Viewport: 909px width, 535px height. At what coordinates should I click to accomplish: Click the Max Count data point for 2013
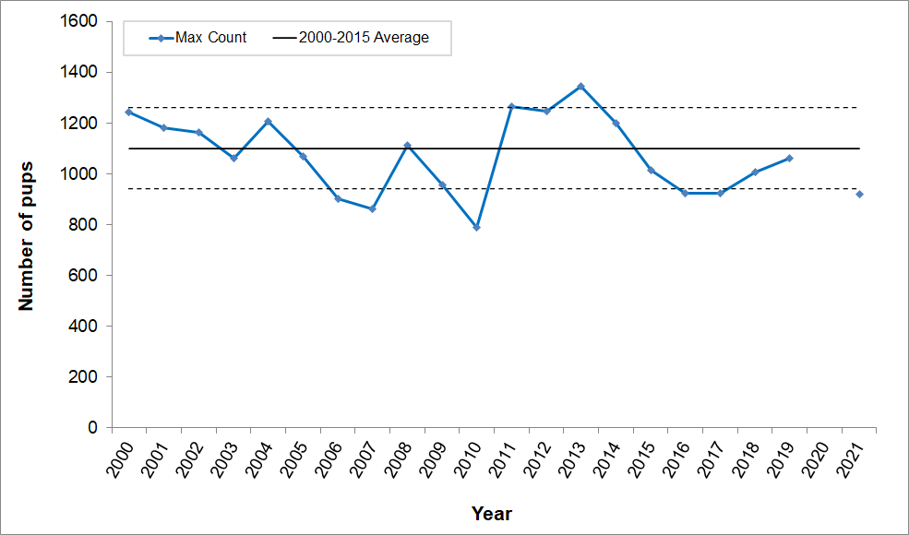coord(580,87)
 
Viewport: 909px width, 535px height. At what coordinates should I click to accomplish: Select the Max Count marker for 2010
coord(476,227)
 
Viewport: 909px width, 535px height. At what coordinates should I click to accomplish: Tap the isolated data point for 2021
coord(859,194)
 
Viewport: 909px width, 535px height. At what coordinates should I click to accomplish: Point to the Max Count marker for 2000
coord(129,112)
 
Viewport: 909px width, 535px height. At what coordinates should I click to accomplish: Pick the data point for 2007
coord(372,209)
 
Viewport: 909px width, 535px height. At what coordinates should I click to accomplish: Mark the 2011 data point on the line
coord(511,107)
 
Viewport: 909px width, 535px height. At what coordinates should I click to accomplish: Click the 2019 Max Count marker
coord(789,158)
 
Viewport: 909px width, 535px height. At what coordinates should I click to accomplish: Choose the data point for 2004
coord(268,122)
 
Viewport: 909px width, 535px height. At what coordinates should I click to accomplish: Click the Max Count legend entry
coord(197,38)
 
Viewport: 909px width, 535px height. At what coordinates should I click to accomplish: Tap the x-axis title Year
coord(491,514)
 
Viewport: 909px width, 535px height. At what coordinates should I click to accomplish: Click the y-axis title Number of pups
coord(27,224)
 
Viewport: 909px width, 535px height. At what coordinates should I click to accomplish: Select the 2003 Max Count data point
coord(233,158)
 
